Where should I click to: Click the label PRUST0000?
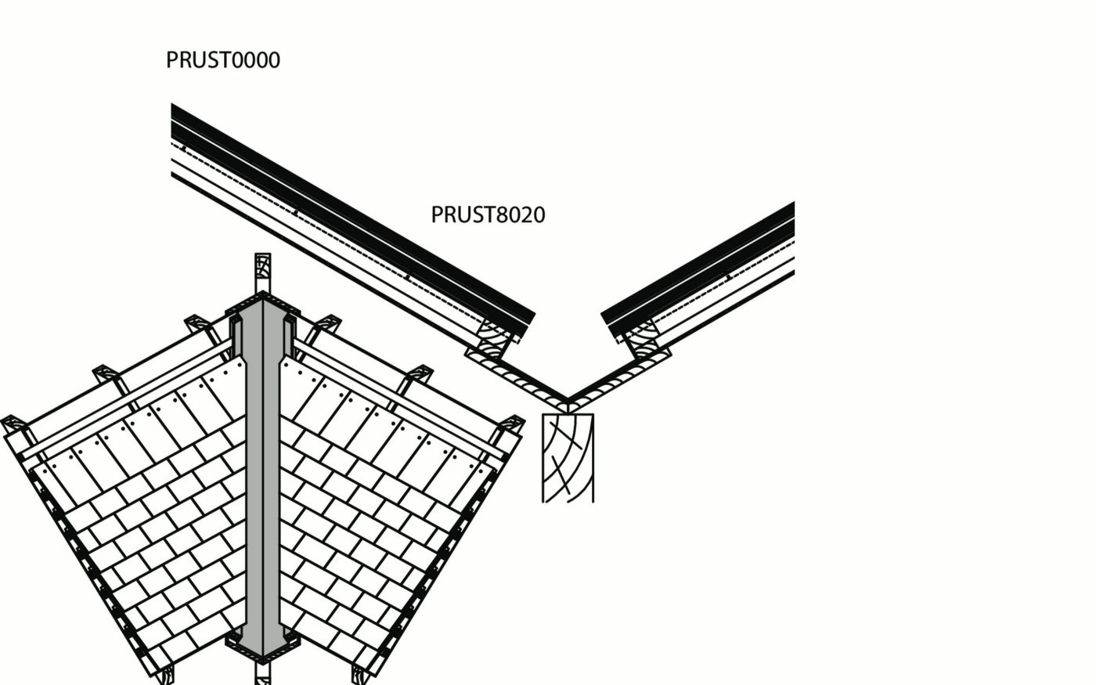point(222,60)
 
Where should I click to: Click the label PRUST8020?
point(488,215)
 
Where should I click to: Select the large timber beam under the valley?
point(568,458)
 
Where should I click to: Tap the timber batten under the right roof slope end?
point(642,335)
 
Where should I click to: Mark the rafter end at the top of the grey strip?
point(262,270)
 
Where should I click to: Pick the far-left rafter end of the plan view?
point(13,426)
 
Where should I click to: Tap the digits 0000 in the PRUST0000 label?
point(252,60)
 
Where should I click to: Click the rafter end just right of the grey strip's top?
point(329,323)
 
